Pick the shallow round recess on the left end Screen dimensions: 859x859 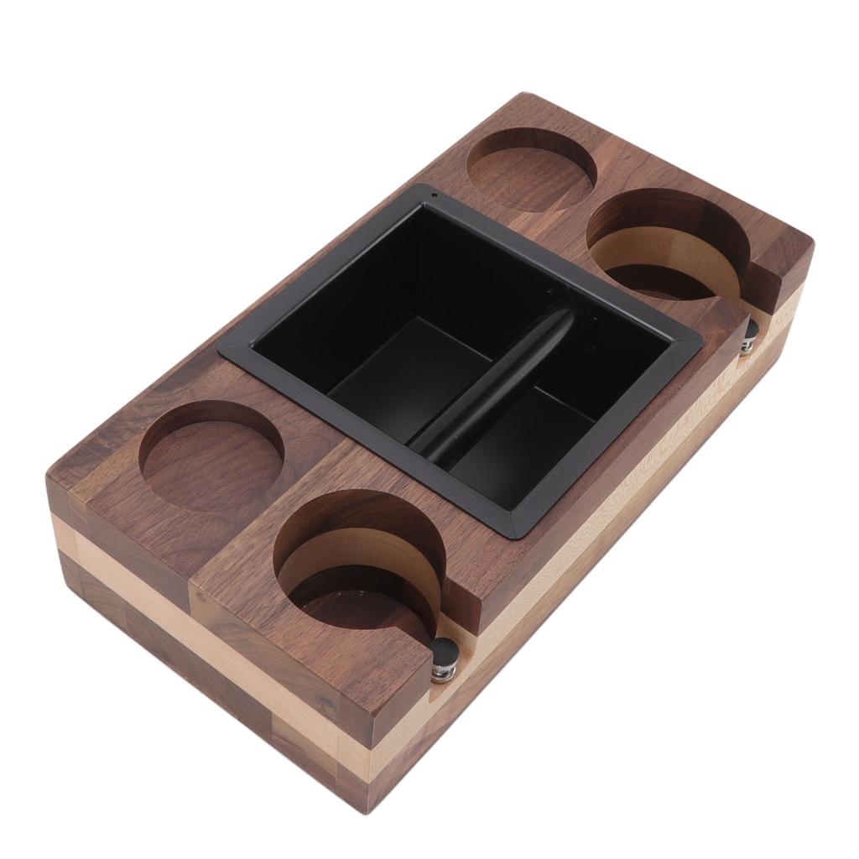211,456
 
